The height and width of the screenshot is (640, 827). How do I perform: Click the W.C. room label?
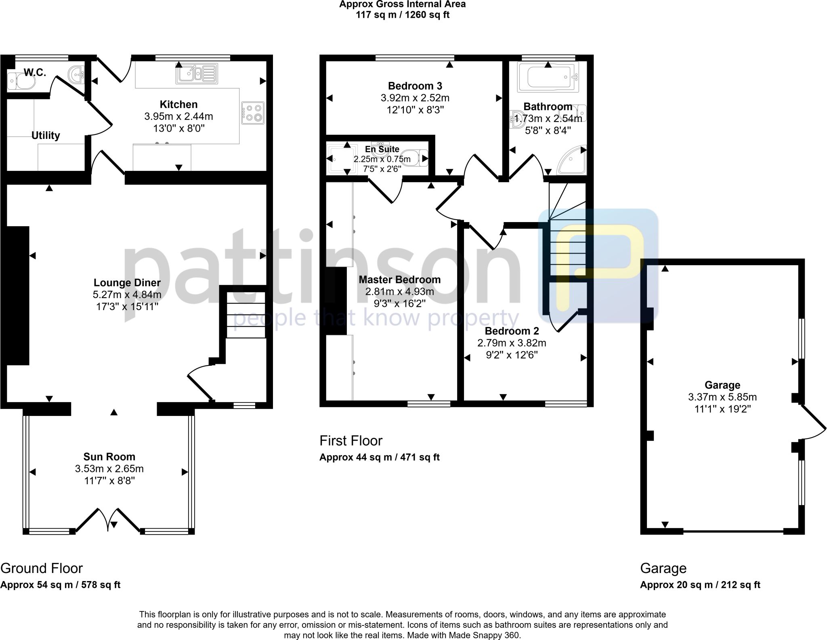[x=35, y=73]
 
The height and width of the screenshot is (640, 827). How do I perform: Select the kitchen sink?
[x=197, y=73]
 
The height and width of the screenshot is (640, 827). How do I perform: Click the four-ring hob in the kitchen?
[x=253, y=113]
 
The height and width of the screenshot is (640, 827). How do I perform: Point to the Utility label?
[x=46, y=135]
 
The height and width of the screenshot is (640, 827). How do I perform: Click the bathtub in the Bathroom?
[x=548, y=77]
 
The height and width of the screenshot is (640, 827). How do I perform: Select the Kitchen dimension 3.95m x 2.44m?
[x=179, y=117]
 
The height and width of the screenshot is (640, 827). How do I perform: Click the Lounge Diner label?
[x=127, y=283]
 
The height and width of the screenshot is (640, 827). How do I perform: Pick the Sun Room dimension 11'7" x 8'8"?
[x=109, y=481]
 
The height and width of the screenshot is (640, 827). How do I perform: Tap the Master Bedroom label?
[x=400, y=279]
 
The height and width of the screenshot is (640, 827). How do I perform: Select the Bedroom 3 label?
[x=415, y=86]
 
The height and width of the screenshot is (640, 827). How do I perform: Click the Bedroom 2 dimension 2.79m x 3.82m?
[x=512, y=343]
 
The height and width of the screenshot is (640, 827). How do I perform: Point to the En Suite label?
[x=382, y=149]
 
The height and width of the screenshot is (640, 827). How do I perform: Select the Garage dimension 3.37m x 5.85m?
[x=722, y=397]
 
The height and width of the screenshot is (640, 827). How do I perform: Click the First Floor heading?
[x=351, y=441]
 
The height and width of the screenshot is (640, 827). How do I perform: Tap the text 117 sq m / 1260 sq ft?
[x=403, y=15]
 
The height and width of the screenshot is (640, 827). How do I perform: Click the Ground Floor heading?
[x=42, y=568]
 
